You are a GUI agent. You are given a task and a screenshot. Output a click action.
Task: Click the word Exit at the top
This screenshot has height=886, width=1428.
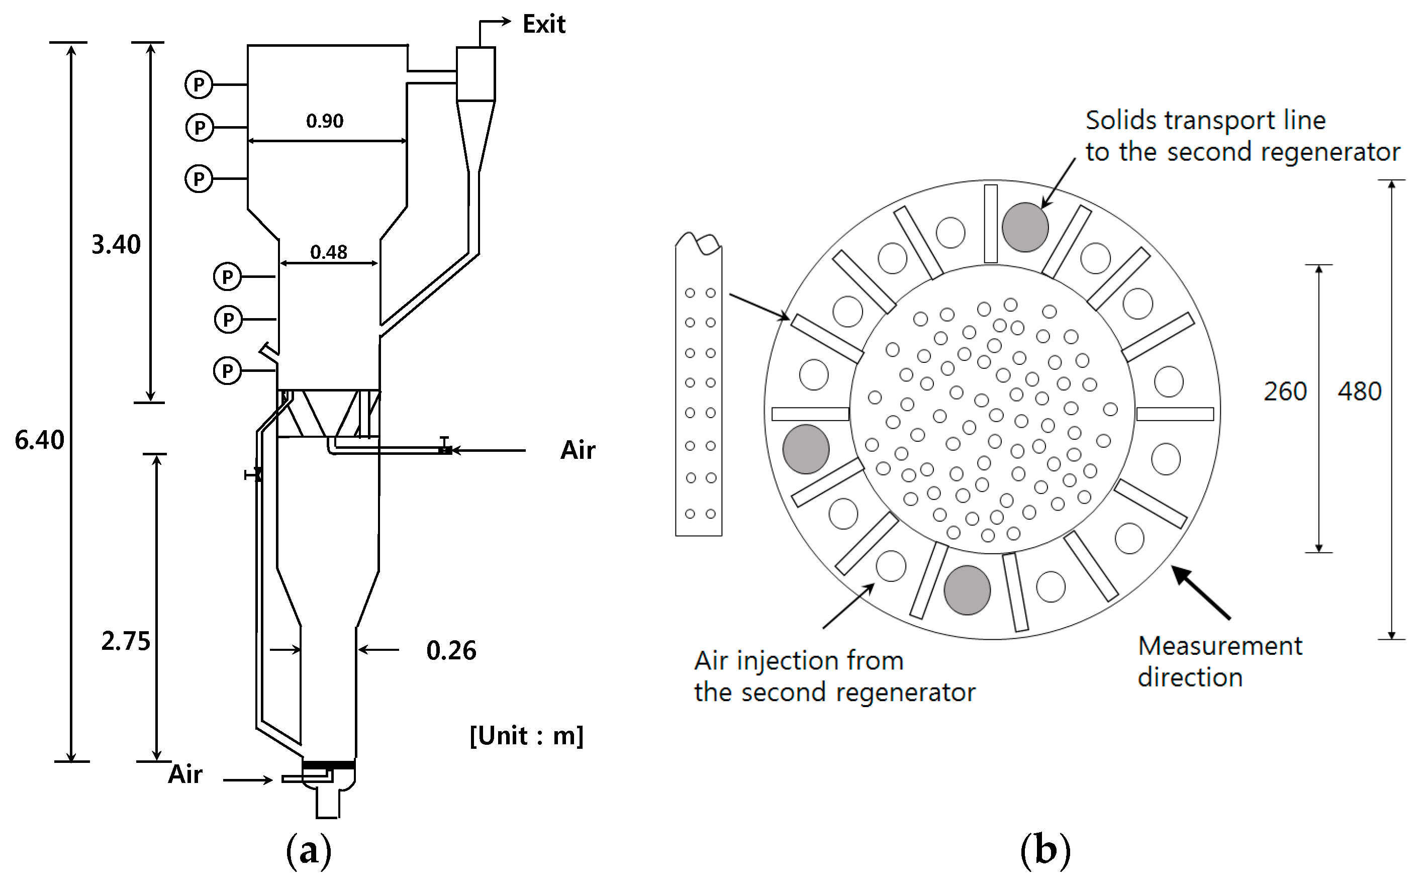click(543, 25)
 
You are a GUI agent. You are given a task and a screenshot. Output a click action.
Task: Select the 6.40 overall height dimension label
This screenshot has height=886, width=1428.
click(39, 440)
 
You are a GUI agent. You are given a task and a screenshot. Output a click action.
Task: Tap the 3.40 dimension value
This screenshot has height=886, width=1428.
click(116, 244)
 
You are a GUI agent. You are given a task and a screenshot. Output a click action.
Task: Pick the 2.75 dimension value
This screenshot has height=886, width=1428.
click(125, 641)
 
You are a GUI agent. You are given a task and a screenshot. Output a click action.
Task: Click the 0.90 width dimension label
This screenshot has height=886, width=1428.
click(325, 121)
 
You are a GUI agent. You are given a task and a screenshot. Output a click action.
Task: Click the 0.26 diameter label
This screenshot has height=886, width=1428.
click(451, 650)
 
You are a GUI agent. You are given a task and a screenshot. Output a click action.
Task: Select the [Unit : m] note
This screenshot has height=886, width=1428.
click(526, 735)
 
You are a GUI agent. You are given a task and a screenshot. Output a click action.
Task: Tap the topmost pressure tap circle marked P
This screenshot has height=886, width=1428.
click(199, 85)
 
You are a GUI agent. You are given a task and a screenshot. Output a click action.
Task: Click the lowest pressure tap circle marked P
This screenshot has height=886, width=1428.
click(227, 371)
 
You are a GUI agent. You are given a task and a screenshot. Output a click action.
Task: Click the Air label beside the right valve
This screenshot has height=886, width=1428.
click(577, 450)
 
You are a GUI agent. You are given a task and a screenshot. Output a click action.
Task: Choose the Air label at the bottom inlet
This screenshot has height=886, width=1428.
click(185, 774)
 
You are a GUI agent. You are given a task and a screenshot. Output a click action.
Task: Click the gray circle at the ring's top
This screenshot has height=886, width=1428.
click(1025, 227)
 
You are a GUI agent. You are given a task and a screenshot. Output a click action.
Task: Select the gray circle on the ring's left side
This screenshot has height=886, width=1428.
click(806, 449)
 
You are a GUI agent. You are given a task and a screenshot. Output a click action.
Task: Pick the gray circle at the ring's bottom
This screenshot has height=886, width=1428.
click(967, 590)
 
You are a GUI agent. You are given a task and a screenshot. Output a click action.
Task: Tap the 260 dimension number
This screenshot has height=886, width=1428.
click(1284, 391)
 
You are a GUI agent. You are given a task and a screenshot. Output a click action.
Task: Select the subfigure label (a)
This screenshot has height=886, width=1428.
click(309, 850)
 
